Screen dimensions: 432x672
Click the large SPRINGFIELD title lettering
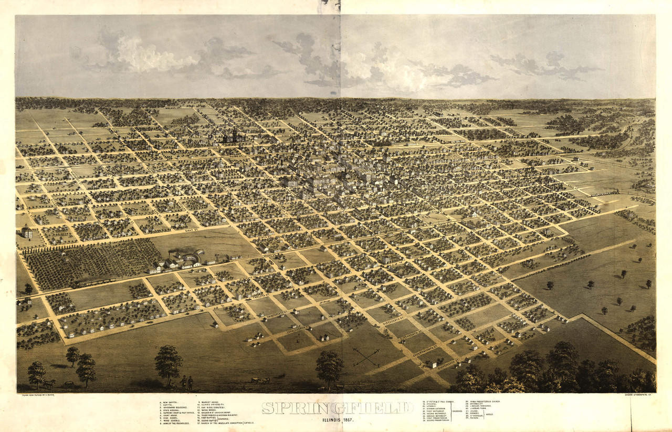pos(338,407)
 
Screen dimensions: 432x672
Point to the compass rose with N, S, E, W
pos(366,357)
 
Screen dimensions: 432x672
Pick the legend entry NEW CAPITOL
pos(171,403)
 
